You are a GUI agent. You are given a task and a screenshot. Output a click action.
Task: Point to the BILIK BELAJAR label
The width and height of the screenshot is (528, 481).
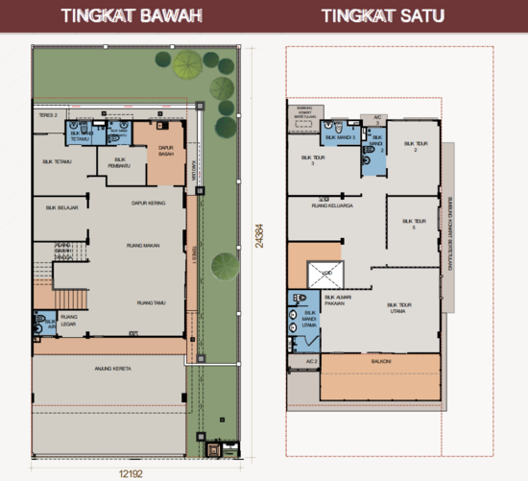(61, 206)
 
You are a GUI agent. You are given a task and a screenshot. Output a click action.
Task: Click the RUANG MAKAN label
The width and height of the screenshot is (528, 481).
(142, 246)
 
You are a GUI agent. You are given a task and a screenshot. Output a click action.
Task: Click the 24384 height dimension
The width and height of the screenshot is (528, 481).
(258, 229)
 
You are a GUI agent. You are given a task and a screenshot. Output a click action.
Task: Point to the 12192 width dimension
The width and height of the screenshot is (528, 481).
(132, 471)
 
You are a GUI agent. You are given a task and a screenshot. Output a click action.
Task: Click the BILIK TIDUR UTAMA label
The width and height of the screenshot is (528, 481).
(400, 310)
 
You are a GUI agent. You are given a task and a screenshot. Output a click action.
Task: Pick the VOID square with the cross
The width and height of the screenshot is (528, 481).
(324, 275)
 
